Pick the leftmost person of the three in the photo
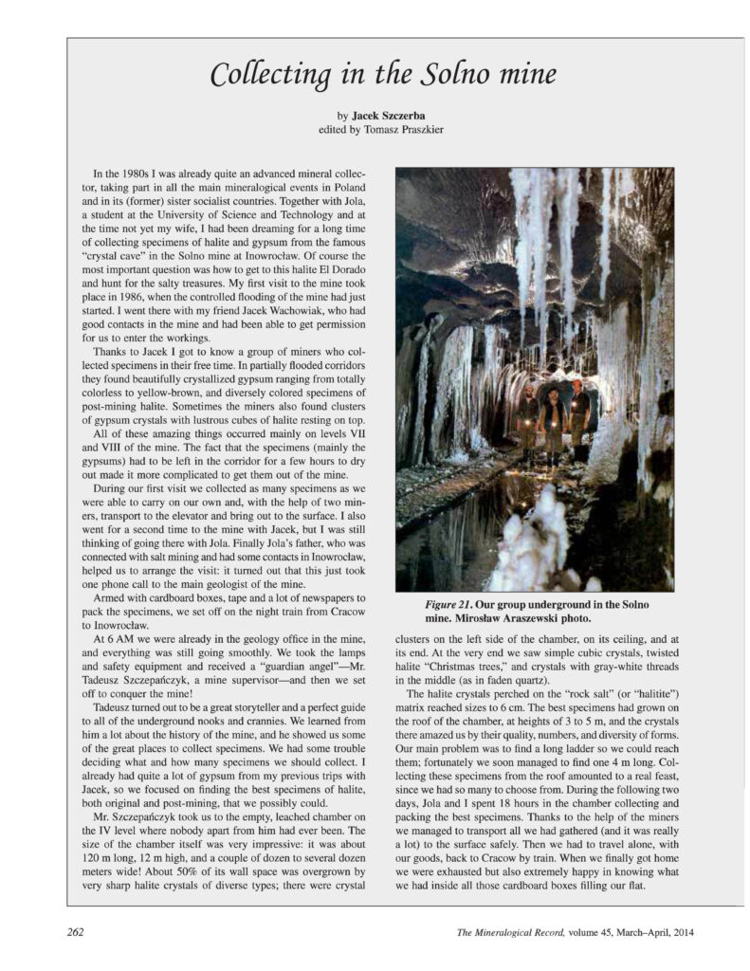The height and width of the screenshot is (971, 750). (526, 422)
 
